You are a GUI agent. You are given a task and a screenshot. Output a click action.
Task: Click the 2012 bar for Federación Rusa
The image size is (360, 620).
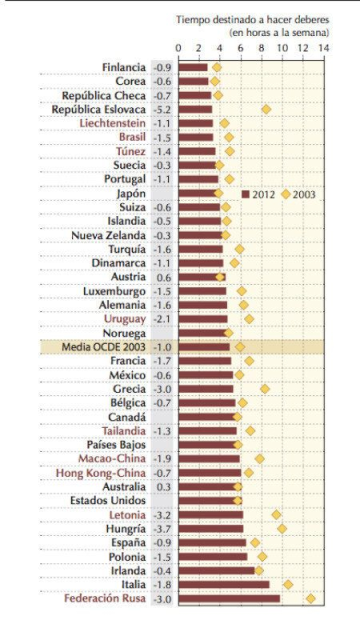229,598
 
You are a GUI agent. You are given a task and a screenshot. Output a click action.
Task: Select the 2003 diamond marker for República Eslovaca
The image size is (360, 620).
266,109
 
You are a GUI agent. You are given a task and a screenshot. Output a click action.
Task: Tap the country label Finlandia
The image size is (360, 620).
124,67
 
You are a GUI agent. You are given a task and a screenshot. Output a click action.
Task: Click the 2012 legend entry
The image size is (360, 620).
258,194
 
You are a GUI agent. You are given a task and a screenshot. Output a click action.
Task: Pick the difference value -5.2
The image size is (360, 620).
162,109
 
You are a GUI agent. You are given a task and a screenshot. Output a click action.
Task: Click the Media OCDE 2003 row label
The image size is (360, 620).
103,347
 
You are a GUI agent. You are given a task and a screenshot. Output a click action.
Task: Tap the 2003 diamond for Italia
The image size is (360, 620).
288,584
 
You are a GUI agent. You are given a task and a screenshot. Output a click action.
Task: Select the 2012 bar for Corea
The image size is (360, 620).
193,81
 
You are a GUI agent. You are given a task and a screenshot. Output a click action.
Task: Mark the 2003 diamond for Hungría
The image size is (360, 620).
282,528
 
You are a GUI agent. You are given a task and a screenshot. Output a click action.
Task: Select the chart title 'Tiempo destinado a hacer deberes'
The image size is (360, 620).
252,20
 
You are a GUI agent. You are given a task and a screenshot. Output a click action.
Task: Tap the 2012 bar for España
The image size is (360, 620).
212,542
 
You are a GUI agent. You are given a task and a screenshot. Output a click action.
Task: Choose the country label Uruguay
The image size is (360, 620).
125,319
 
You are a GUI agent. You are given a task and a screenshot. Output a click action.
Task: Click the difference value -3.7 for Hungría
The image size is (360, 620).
162,528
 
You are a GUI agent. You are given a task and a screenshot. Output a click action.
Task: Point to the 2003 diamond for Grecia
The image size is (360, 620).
265,389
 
